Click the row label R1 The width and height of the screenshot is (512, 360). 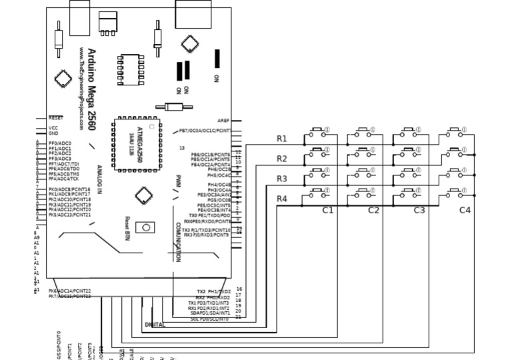click(x=282, y=139)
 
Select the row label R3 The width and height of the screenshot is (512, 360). click(x=282, y=179)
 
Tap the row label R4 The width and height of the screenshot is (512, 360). click(x=282, y=199)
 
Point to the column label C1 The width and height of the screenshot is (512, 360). click(x=328, y=210)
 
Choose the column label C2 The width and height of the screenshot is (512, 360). click(x=373, y=210)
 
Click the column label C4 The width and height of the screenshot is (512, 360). click(x=465, y=210)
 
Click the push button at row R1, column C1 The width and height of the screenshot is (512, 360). click(x=317, y=133)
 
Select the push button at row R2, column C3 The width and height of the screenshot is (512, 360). click(x=409, y=153)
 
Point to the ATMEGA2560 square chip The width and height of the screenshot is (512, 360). click(x=136, y=145)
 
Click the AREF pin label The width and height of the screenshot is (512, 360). click(x=223, y=121)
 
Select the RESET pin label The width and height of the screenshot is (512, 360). click(x=55, y=118)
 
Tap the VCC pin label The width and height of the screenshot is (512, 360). click(x=53, y=128)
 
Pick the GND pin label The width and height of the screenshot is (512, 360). click(x=53, y=133)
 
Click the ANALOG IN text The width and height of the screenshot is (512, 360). click(x=99, y=179)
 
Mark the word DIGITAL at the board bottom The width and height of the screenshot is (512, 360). click(x=155, y=325)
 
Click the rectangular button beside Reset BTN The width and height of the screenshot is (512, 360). click(x=145, y=227)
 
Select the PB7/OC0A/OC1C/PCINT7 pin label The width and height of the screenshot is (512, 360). click(x=205, y=131)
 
